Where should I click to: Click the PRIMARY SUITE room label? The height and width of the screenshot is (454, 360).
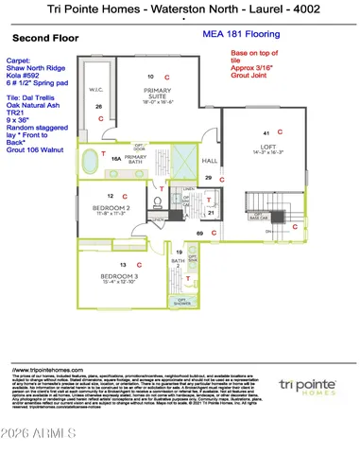coord(157,92)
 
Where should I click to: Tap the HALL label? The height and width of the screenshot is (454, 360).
coord(210,161)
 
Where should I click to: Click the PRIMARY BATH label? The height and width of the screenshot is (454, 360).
coord(136,160)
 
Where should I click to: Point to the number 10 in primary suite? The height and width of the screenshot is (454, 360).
coord(149,75)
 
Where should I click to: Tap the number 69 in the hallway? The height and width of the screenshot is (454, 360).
coord(199,232)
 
